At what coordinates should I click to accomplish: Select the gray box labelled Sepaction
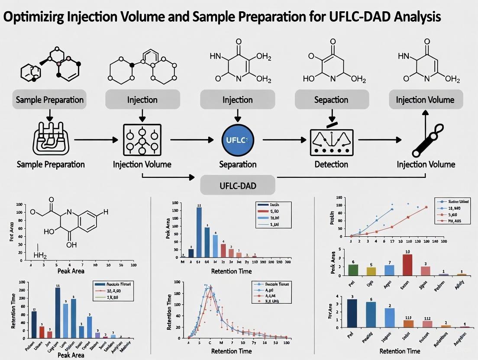(331, 100)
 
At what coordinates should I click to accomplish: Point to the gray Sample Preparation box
(49, 100)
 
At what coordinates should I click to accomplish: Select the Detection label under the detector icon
(331, 164)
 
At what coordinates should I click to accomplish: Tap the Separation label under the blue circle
(238, 164)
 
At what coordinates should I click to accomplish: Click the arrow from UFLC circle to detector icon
(281, 140)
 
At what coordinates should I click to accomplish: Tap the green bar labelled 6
(353, 270)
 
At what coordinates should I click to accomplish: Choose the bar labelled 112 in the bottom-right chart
(427, 324)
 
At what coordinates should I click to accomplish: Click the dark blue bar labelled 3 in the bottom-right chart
(352, 313)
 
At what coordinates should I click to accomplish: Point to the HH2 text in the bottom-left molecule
(40, 256)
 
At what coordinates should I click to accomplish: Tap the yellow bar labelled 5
(371, 271)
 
